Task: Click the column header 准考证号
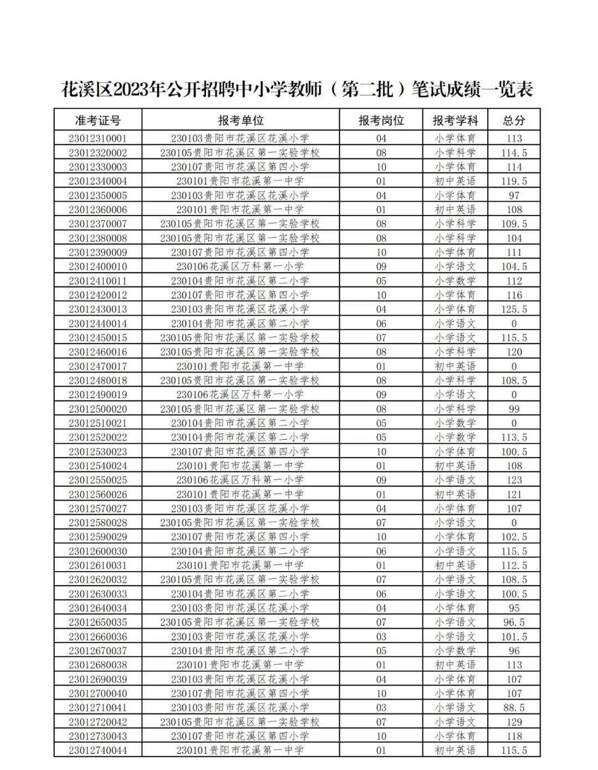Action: pyautogui.click(x=97, y=120)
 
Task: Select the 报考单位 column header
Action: pyautogui.click(x=240, y=120)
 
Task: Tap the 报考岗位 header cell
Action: pyautogui.click(x=381, y=120)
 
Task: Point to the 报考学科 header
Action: pyautogui.click(x=455, y=120)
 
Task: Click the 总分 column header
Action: pyautogui.click(x=514, y=120)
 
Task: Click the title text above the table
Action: pyautogui.click(x=297, y=89)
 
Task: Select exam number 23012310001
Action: pyautogui.click(x=97, y=138)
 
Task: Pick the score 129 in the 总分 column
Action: pyautogui.click(x=514, y=722)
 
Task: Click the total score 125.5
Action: pyautogui.click(x=514, y=309)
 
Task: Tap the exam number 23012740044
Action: pyautogui.click(x=97, y=751)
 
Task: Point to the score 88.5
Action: pyautogui.click(x=514, y=707)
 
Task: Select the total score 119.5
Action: pyautogui.click(x=514, y=181)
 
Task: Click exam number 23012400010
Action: pyautogui.click(x=97, y=266)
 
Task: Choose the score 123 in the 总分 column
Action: pyautogui.click(x=514, y=480)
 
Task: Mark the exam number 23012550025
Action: pyautogui.click(x=97, y=480)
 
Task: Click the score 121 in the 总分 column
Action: pyautogui.click(x=514, y=494)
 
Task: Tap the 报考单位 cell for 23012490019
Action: pyautogui.click(x=240, y=394)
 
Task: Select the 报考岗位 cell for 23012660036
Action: pyautogui.click(x=381, y=636)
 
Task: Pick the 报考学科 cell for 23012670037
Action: pyautogui.click(x=455, y=651)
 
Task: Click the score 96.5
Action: pyautogui.click(x=514, y=622)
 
